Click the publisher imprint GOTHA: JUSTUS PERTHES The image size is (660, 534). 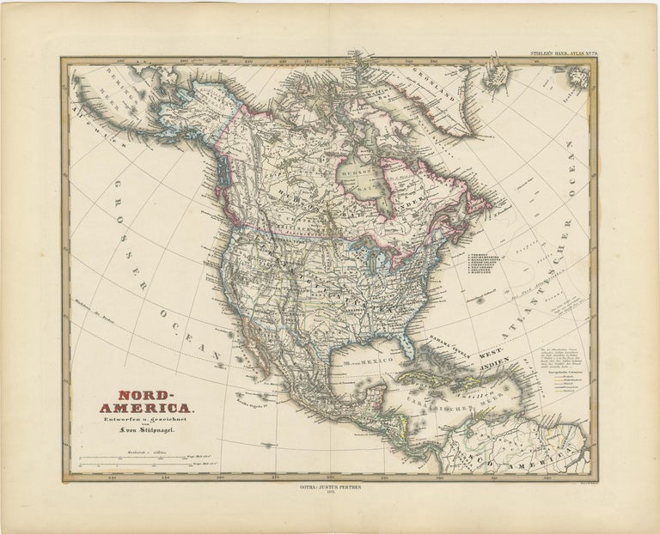click(330, 492)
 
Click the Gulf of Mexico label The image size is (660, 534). click(357, 361)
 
